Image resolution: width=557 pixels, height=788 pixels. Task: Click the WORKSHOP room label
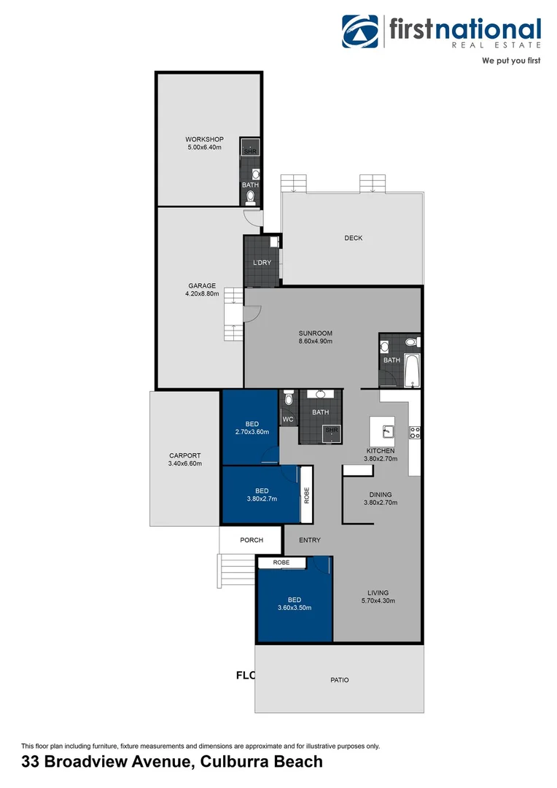(x=203, y=139)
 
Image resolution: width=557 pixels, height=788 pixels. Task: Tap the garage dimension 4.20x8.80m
(x=202, y=294)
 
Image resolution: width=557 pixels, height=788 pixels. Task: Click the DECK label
(x=353, y=238)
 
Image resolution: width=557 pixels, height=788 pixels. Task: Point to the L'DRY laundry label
(x=262, y=263)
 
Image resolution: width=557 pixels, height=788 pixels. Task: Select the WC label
(x=287, y=420)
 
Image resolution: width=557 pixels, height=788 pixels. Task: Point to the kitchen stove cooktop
(x=415, y=431)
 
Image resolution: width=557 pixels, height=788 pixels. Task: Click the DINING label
(x=381, y=494)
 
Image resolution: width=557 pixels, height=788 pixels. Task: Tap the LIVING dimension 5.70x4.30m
(x=378, y=601)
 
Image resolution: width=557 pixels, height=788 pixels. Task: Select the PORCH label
(x=252, y=540)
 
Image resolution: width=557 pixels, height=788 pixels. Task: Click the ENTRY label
(x=309, y=540)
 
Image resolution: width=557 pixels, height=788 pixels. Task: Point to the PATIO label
(x=339, y=680)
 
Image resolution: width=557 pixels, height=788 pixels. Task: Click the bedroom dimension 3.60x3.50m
(x=294, y=608)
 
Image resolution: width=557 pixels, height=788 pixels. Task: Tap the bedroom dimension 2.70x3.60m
(x=252, y=432)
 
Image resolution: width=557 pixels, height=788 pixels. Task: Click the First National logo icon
(x=360, y=32)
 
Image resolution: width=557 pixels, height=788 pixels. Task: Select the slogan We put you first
(x=510, y=61)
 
